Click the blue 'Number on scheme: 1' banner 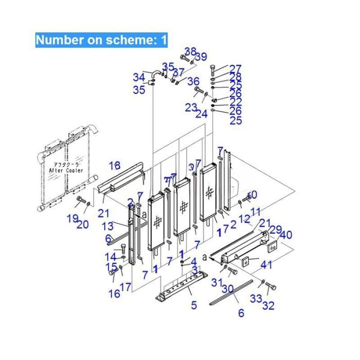coord(101,40)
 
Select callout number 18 coord(115,165)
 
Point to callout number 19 coord(72,218)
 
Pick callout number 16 coord(114,294)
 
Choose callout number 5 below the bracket coord(194,305)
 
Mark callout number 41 coord(266,265)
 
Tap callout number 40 coord(286,235)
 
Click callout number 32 coord(268,307)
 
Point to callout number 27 coord(235,68)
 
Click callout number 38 coord(191,51)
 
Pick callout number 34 coord(139,78)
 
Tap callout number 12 coord(244,219)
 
